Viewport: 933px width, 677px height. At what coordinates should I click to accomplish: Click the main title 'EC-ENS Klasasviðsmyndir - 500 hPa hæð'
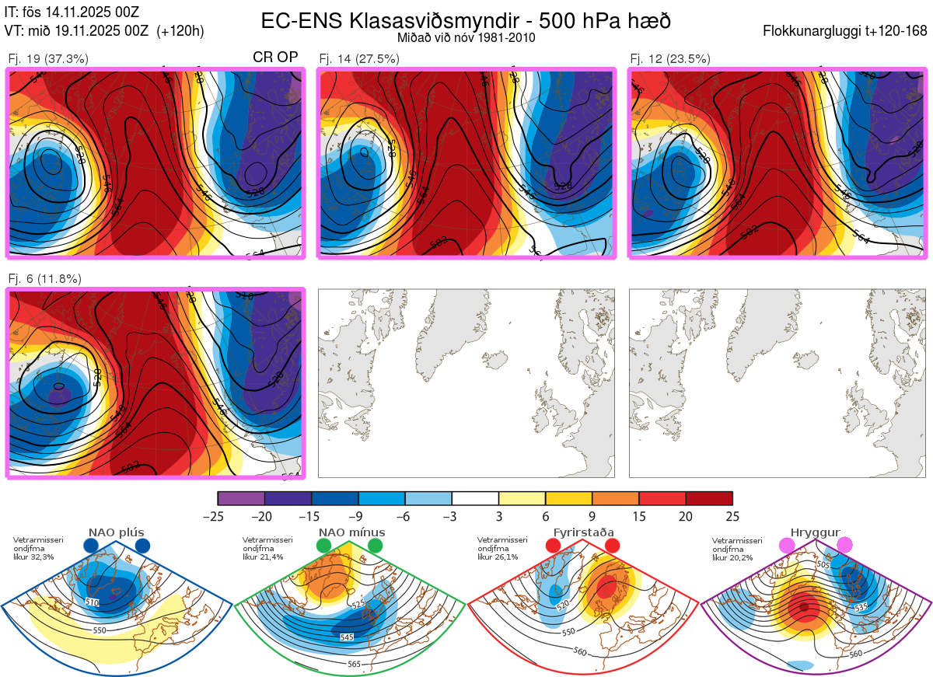(466, 20)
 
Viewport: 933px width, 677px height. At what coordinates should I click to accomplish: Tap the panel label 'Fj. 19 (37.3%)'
(48, 58)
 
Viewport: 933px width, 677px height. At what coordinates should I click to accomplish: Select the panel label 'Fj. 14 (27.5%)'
(359, 58)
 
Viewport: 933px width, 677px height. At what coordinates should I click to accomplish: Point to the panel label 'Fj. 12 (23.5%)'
(670, 58)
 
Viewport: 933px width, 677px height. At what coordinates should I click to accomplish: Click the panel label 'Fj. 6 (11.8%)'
(45, 279)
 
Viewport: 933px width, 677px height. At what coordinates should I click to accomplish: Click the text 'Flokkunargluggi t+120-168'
(845, 32)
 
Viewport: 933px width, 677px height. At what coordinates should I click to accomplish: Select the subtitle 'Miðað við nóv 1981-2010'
(466, 37)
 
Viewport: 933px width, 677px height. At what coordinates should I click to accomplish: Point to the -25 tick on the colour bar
(218, 516)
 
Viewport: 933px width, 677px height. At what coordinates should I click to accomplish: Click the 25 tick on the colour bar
(732, 516)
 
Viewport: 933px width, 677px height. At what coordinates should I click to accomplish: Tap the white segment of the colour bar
(475, 498)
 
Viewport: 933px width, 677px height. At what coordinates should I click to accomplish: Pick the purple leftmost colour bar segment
(241, 498)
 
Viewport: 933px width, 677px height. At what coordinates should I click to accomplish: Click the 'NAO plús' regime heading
(116, 532)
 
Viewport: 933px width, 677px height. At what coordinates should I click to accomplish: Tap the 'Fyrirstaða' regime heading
(583, 532)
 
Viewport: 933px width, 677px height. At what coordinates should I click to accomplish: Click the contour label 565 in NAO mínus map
(354, 664)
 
